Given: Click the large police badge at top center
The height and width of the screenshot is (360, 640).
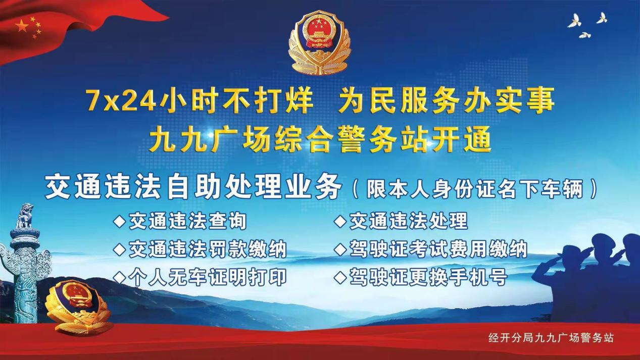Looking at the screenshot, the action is coord(319,43).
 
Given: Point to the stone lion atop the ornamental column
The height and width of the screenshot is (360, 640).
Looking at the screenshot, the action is coord(25,216).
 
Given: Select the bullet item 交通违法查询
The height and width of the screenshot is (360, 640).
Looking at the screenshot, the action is coord(180,221).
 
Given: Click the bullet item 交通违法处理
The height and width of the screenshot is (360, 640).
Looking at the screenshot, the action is coord(402,221).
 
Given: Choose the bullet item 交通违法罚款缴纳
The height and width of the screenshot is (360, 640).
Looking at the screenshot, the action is coord(201,249).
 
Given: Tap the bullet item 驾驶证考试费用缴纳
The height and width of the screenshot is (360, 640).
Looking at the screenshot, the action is coord(431,249).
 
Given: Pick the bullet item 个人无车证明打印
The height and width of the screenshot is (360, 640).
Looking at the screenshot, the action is coord(201,277).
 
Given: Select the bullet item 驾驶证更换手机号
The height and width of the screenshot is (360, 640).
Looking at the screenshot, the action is coord(421,277).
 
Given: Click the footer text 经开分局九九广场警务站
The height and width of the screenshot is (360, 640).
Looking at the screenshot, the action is coord(551,338).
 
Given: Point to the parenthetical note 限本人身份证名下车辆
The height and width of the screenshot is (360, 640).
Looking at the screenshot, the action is coord(475,189).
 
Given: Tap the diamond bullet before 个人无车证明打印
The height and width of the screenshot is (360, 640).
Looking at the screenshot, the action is coord(120,278).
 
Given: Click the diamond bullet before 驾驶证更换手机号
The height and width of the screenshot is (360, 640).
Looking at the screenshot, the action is coord(340,278).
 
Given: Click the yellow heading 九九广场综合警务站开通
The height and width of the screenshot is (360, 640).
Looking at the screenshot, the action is coord(320,140).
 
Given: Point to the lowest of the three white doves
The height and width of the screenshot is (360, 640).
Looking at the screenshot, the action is coord(584,35).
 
